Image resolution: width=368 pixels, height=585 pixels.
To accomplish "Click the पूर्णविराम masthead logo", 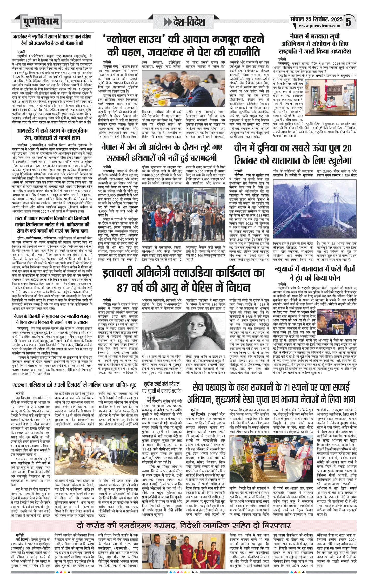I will (41, 22).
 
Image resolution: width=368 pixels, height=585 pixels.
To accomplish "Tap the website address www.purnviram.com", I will (319, 26).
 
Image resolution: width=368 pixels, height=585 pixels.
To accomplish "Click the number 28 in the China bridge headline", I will (347, 148).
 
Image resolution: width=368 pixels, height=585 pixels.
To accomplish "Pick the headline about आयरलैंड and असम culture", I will (52, 134).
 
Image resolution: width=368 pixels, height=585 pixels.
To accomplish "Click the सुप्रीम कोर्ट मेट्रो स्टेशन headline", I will (162, 387).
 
